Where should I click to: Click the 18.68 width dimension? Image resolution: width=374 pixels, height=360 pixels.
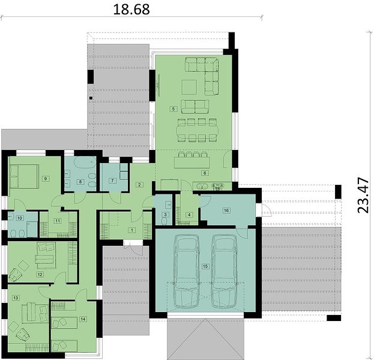131,10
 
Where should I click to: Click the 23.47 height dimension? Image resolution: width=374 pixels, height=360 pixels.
363,195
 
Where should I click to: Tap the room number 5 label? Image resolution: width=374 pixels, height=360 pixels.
173,109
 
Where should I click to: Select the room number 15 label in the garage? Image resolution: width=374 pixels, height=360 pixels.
205,266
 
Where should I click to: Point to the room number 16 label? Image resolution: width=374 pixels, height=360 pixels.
226,210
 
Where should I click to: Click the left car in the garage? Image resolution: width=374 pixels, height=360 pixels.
186,271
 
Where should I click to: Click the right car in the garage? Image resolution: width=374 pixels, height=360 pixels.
224,271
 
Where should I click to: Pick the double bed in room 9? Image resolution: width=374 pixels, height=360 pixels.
24,176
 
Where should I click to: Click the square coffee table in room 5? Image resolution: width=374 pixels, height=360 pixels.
189,87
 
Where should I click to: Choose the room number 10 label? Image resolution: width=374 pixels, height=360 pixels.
20,218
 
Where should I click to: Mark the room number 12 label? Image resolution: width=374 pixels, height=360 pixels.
40,274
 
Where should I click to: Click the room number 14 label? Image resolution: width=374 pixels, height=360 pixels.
83,319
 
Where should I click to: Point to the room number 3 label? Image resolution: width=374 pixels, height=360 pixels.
165,214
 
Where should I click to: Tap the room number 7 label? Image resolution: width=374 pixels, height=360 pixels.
112,181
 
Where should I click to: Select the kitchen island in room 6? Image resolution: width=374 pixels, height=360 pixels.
192,163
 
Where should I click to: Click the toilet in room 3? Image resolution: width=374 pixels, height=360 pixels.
165,221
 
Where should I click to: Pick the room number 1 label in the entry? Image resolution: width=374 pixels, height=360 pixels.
131,230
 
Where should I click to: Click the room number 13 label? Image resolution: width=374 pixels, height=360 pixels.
16,298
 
